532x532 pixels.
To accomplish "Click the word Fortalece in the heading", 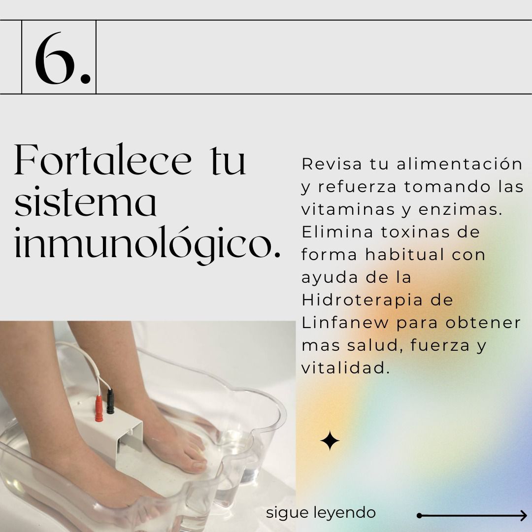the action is pyautogui.click(x=103, y=160).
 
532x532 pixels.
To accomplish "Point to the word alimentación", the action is pyautogui.click(x=460, y=164).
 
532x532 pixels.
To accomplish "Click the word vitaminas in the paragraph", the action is pyautogui.click(x=348, y=209).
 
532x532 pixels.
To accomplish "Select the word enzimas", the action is pyautogui.click(x=460, y=210).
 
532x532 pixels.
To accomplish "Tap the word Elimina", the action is pyautogui.click(x=337, y=232).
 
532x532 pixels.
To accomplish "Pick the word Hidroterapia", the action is pyautogui.click(x=363, y=300).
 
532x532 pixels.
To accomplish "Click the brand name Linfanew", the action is pyautogui.click(x=345, y=323).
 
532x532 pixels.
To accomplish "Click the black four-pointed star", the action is pyautogui.click(x=330, y=440).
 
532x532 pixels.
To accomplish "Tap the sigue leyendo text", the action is pyautogui.click(x=321, y=513).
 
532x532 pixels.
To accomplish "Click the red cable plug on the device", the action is pyautogui.click(x=99, y=408).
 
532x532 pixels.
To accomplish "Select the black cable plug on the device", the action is pyautogui.click(x=110, y=401).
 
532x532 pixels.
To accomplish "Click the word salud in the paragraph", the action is pyautogui.click(x=374, y=345).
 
